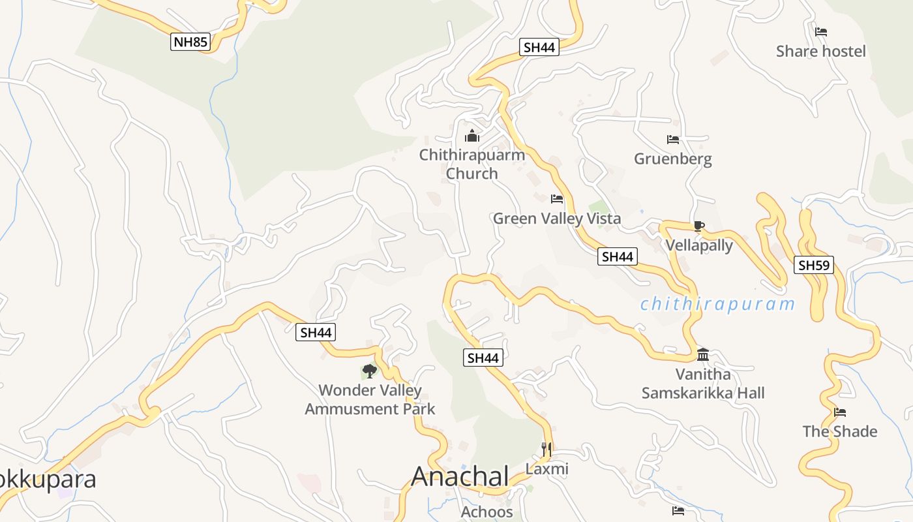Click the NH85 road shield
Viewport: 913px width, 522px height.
point(190,43)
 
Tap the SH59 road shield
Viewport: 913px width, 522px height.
point(814,266)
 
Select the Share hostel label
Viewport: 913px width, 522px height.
point(820,52)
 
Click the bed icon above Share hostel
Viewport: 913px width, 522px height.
point(821,31)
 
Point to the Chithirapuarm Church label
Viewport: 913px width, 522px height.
point(472,164)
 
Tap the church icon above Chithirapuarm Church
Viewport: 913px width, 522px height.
point(472,136)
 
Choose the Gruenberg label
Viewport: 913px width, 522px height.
point(673,159)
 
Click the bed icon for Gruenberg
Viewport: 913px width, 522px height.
point(673,140)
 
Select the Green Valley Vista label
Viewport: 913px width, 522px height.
point(557,219)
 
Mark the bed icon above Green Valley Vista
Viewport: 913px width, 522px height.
point(557,199)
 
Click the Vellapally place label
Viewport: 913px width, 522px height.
point(699,246)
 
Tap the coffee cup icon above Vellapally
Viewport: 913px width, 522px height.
point(699,226)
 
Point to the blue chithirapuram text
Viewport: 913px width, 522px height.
point(718,304)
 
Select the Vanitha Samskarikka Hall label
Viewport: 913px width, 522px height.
point(703,384)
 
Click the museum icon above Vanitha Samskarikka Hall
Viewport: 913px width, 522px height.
point(703,355)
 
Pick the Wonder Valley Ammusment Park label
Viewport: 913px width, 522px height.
point(370,400)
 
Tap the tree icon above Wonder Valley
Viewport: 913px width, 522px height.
point(370,371)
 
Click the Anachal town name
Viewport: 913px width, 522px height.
point(460,477)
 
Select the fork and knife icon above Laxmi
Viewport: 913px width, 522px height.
point(546,449)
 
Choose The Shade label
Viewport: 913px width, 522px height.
point(840,431)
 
